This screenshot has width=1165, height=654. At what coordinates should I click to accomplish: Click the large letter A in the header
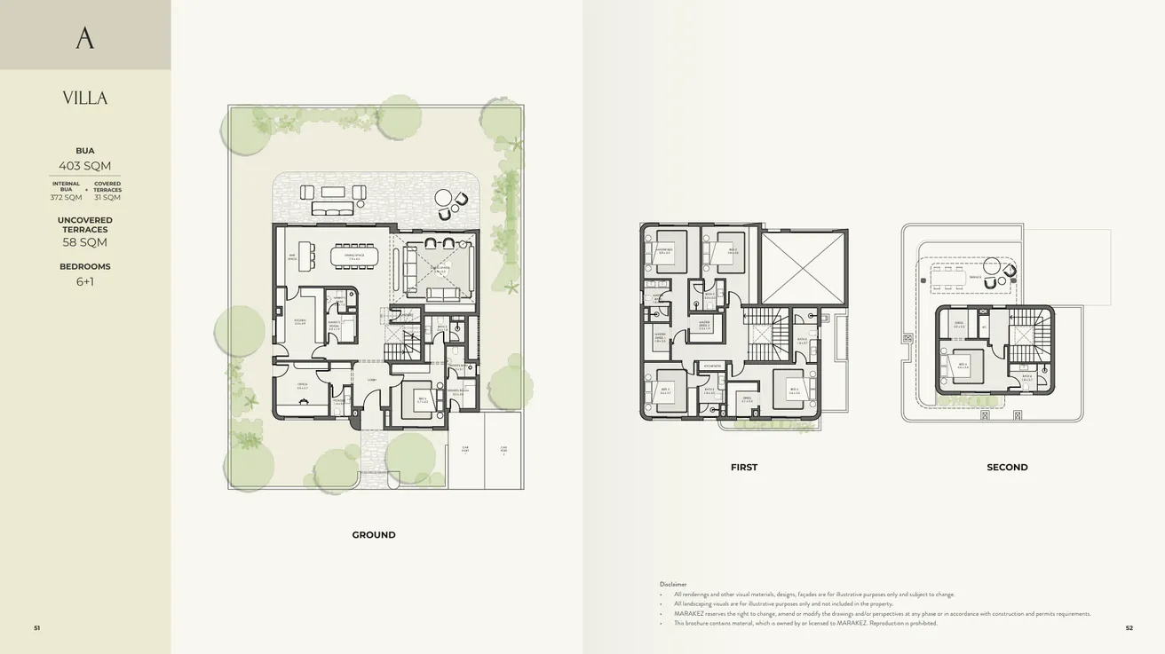click(84, 37)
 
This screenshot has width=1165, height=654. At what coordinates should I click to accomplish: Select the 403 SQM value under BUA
click(85, 166)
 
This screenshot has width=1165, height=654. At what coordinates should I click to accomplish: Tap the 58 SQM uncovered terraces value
click(85, 242)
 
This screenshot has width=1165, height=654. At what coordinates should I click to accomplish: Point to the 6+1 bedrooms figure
click(85, 282)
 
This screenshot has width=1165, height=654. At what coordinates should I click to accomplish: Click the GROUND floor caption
click(374, 535)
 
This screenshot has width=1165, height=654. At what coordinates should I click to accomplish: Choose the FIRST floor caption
click(744, 468)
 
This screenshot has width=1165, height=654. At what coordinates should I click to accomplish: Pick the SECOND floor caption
click(1007, 468)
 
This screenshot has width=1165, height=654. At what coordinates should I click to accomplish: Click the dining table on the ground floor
click(354, 256)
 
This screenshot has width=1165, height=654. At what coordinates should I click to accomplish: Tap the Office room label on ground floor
click(303, 386)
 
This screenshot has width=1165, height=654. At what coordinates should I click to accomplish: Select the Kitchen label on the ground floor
click(300, 322)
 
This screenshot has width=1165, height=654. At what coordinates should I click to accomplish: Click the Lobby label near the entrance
click(372, 379)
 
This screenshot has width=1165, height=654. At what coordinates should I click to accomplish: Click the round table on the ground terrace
click(441, 198)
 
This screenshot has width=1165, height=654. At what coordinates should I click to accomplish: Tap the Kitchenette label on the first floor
click(712, 365)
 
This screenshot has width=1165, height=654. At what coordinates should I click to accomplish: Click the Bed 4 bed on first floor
click(789, 388)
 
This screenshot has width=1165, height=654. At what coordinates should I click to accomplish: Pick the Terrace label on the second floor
click(975, 278)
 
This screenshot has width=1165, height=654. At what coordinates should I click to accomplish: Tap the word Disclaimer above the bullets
click(673, 584)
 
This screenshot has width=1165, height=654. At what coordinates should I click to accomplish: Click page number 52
click(1129, 628)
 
